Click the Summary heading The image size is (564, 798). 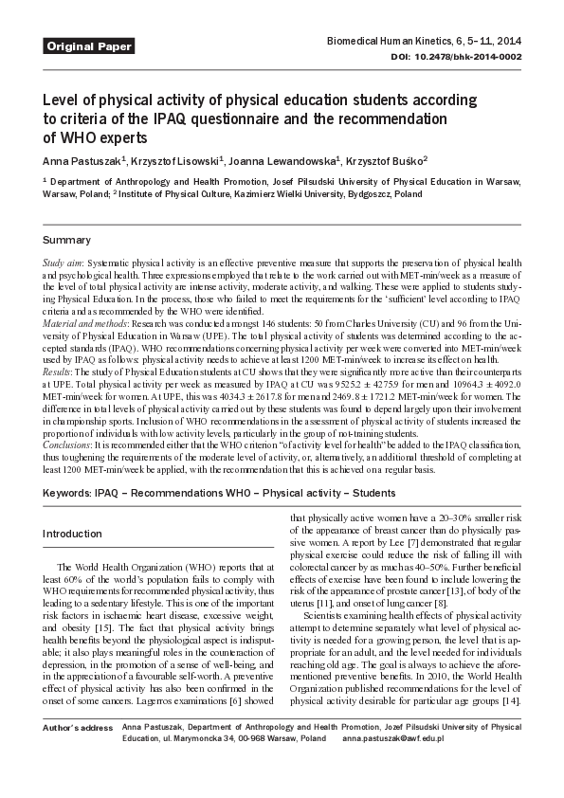pyautogui.click(x=67, y=240)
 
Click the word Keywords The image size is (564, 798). pyautogui.click(x=67, y=495)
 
